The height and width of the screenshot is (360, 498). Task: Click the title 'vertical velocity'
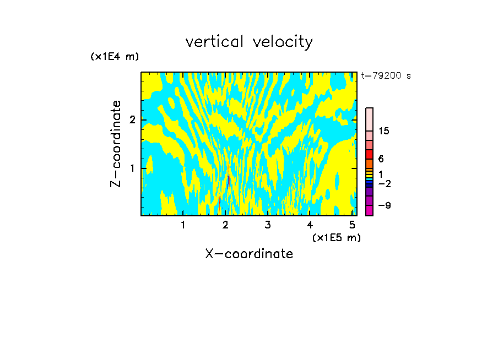pyautogui.click(x=249, y=42)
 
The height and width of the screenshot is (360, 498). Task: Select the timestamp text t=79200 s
pyautogui.click(x=386, y=76)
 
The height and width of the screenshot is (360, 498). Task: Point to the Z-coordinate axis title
pyautogui.click(x=116, y=144)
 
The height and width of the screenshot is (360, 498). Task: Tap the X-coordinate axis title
pyautogui.click(x=249, y=254)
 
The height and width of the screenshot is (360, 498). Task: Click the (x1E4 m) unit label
pyautogui.click(x=115, y=57)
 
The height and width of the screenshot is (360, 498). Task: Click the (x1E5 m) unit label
pyautogui.click(x=336, y=237)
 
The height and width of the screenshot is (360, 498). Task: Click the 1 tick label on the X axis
pyautogui.click(x=183, y=225)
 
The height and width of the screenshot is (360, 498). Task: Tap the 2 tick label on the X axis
pyautogui.click(x=225, y=225)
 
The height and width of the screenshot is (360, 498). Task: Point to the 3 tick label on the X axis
pyautogui.click(x=268, y=225)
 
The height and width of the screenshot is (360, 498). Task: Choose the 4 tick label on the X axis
pyautogui.click(x=310, y=225)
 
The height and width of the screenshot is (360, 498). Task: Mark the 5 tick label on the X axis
pyautogui.click(x=353, y=225)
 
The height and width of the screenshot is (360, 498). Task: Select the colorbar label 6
pyautogui.click(x=381, y=159)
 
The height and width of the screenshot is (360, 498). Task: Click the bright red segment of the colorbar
pyautogui.click(x=369, y=155)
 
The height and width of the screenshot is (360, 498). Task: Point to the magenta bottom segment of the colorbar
pyautogui.click(x=369, y=210)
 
